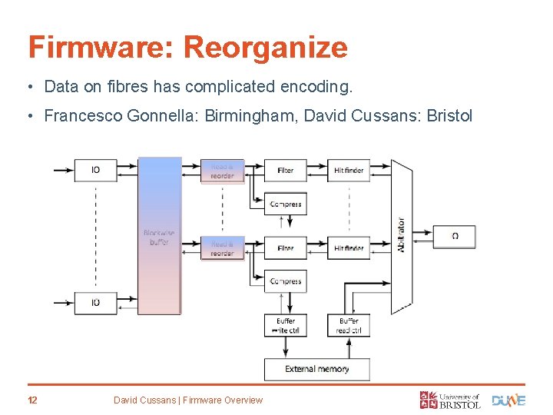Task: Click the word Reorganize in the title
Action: [265, 48]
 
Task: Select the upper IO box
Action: [95, 170]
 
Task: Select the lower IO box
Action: [95, 302]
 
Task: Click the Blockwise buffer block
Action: [159, 236]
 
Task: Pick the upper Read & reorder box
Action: [223, 171]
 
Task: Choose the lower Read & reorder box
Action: [223, 248]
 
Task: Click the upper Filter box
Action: [286, 170]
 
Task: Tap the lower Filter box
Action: [286, 248]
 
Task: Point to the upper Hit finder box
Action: [349, 170]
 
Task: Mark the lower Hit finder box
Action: [349, 248]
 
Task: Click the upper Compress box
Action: [286, 204]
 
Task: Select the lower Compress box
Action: [286, 281]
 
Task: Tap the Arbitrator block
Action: [401, 236]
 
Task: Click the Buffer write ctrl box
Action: [286, 326]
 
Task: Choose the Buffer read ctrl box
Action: [349, 326]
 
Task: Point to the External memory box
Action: [317, 369]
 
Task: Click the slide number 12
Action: [33, 400]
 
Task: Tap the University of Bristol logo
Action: [450, 400]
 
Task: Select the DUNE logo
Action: [508, 400]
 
